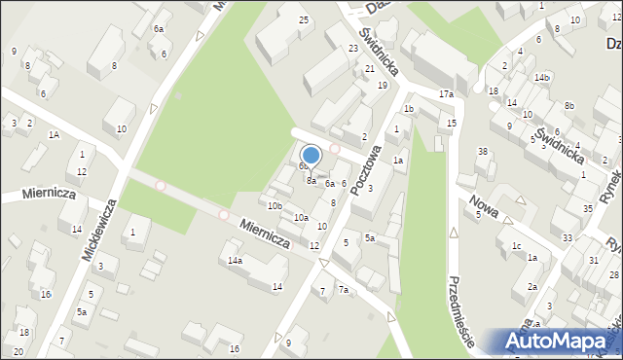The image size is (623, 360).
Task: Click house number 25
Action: point(304,20)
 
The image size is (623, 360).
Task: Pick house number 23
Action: point(353,49)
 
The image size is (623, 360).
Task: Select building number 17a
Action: point(446,93)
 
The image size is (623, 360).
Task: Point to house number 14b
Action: point(542,77)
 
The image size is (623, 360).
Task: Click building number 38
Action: point(482,151)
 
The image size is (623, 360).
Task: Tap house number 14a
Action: point(235,261)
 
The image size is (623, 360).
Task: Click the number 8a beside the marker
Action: point(311,180)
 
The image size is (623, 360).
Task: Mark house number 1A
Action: point(55,135)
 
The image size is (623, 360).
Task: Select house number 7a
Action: point(343,289)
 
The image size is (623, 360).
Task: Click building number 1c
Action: point(516,245)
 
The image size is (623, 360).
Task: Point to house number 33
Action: point(568,237)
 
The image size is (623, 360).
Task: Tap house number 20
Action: point(18,350)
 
